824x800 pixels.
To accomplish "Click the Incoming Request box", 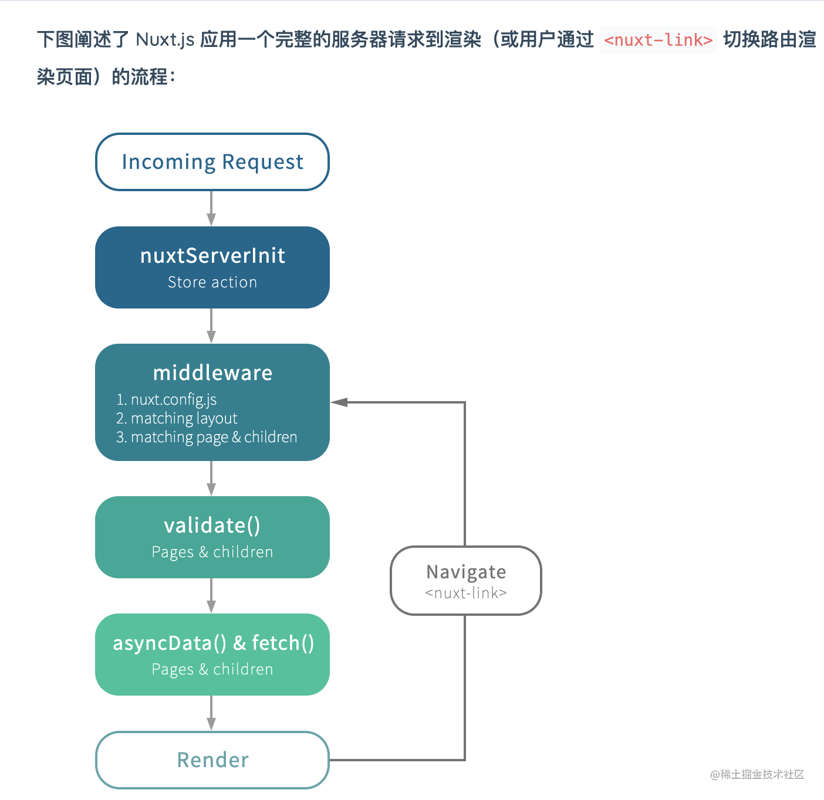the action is (x=212, y=162).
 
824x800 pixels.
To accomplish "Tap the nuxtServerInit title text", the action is (x=212, y=256).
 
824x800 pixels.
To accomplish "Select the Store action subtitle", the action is (x=212, y=282).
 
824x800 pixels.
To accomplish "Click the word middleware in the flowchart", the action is (x=212, y=372).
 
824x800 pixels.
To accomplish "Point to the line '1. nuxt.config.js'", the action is (x=167, y=399).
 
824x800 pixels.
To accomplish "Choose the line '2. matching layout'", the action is (x=177, y=418).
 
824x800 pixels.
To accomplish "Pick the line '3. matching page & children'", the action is (x=207, y=437).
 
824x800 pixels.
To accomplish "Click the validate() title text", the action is (x=212, y=526).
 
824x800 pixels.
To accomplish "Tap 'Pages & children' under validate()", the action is (x=212, y=552).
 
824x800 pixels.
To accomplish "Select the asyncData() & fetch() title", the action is (x=214, y=643).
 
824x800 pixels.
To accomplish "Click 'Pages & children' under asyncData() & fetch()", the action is (x=212, y=669).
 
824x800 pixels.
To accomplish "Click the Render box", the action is (x=212, y=760).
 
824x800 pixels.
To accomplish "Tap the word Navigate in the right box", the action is (x=466, y=572).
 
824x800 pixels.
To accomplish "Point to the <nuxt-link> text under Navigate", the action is (x=466, y=593).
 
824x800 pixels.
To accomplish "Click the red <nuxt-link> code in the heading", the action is (x=658, y=40).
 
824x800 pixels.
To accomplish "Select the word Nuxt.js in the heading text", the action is (x=165, y=40).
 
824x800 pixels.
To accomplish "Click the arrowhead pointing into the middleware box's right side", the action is (x=339, y=402).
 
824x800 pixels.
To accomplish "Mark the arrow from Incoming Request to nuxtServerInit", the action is (x=211, y=208).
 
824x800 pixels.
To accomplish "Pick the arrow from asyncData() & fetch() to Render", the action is (x=211, y=713).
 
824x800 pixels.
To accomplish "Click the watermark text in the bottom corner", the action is (x=757, y=774).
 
